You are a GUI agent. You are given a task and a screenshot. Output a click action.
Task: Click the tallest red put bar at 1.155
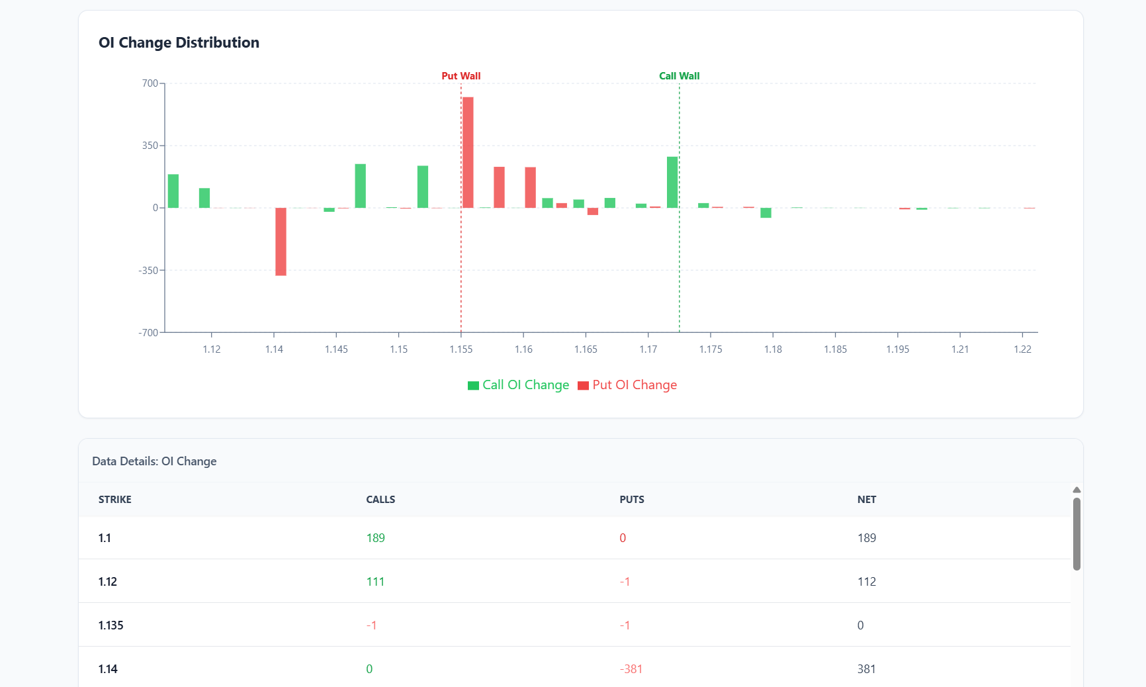(x=468, y=152)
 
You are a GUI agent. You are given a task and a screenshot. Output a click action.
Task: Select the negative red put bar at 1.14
(x=281, y=242)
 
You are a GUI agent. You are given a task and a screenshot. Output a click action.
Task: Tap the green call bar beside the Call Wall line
(x=672, y=182)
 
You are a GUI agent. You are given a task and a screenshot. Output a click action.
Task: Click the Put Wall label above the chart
(x=461, y=76)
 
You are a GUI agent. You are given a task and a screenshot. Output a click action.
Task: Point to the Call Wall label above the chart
(x=679, y=76)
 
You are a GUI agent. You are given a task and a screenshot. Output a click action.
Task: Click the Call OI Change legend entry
(x=519, y=385)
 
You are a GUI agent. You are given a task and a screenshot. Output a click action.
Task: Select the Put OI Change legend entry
(x=627, y=385)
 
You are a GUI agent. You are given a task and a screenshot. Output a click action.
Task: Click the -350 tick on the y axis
(x=148, y=271)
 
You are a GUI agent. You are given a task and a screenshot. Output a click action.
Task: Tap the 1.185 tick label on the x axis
(x=835, y=349)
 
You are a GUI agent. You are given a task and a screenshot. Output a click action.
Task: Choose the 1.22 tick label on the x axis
(x=1022, y=349)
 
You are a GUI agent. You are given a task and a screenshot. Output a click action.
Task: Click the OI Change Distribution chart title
(x=179, y=43)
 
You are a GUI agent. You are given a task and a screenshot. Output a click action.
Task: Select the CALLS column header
(x=380, y=500)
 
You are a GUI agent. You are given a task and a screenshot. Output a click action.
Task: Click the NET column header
(x=866, y=500)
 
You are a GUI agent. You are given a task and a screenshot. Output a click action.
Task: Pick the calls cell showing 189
(x=375, y=538)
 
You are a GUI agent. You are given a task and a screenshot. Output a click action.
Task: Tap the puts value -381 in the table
(x=631, y=669)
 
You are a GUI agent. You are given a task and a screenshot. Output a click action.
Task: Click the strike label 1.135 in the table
(x=111, y=625)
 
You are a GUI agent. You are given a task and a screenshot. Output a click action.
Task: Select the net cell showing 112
(x=866, y=582)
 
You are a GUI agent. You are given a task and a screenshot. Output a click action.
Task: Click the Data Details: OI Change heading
(x=154, y=461)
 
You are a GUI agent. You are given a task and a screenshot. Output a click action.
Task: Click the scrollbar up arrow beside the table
(x=1077, y=490)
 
